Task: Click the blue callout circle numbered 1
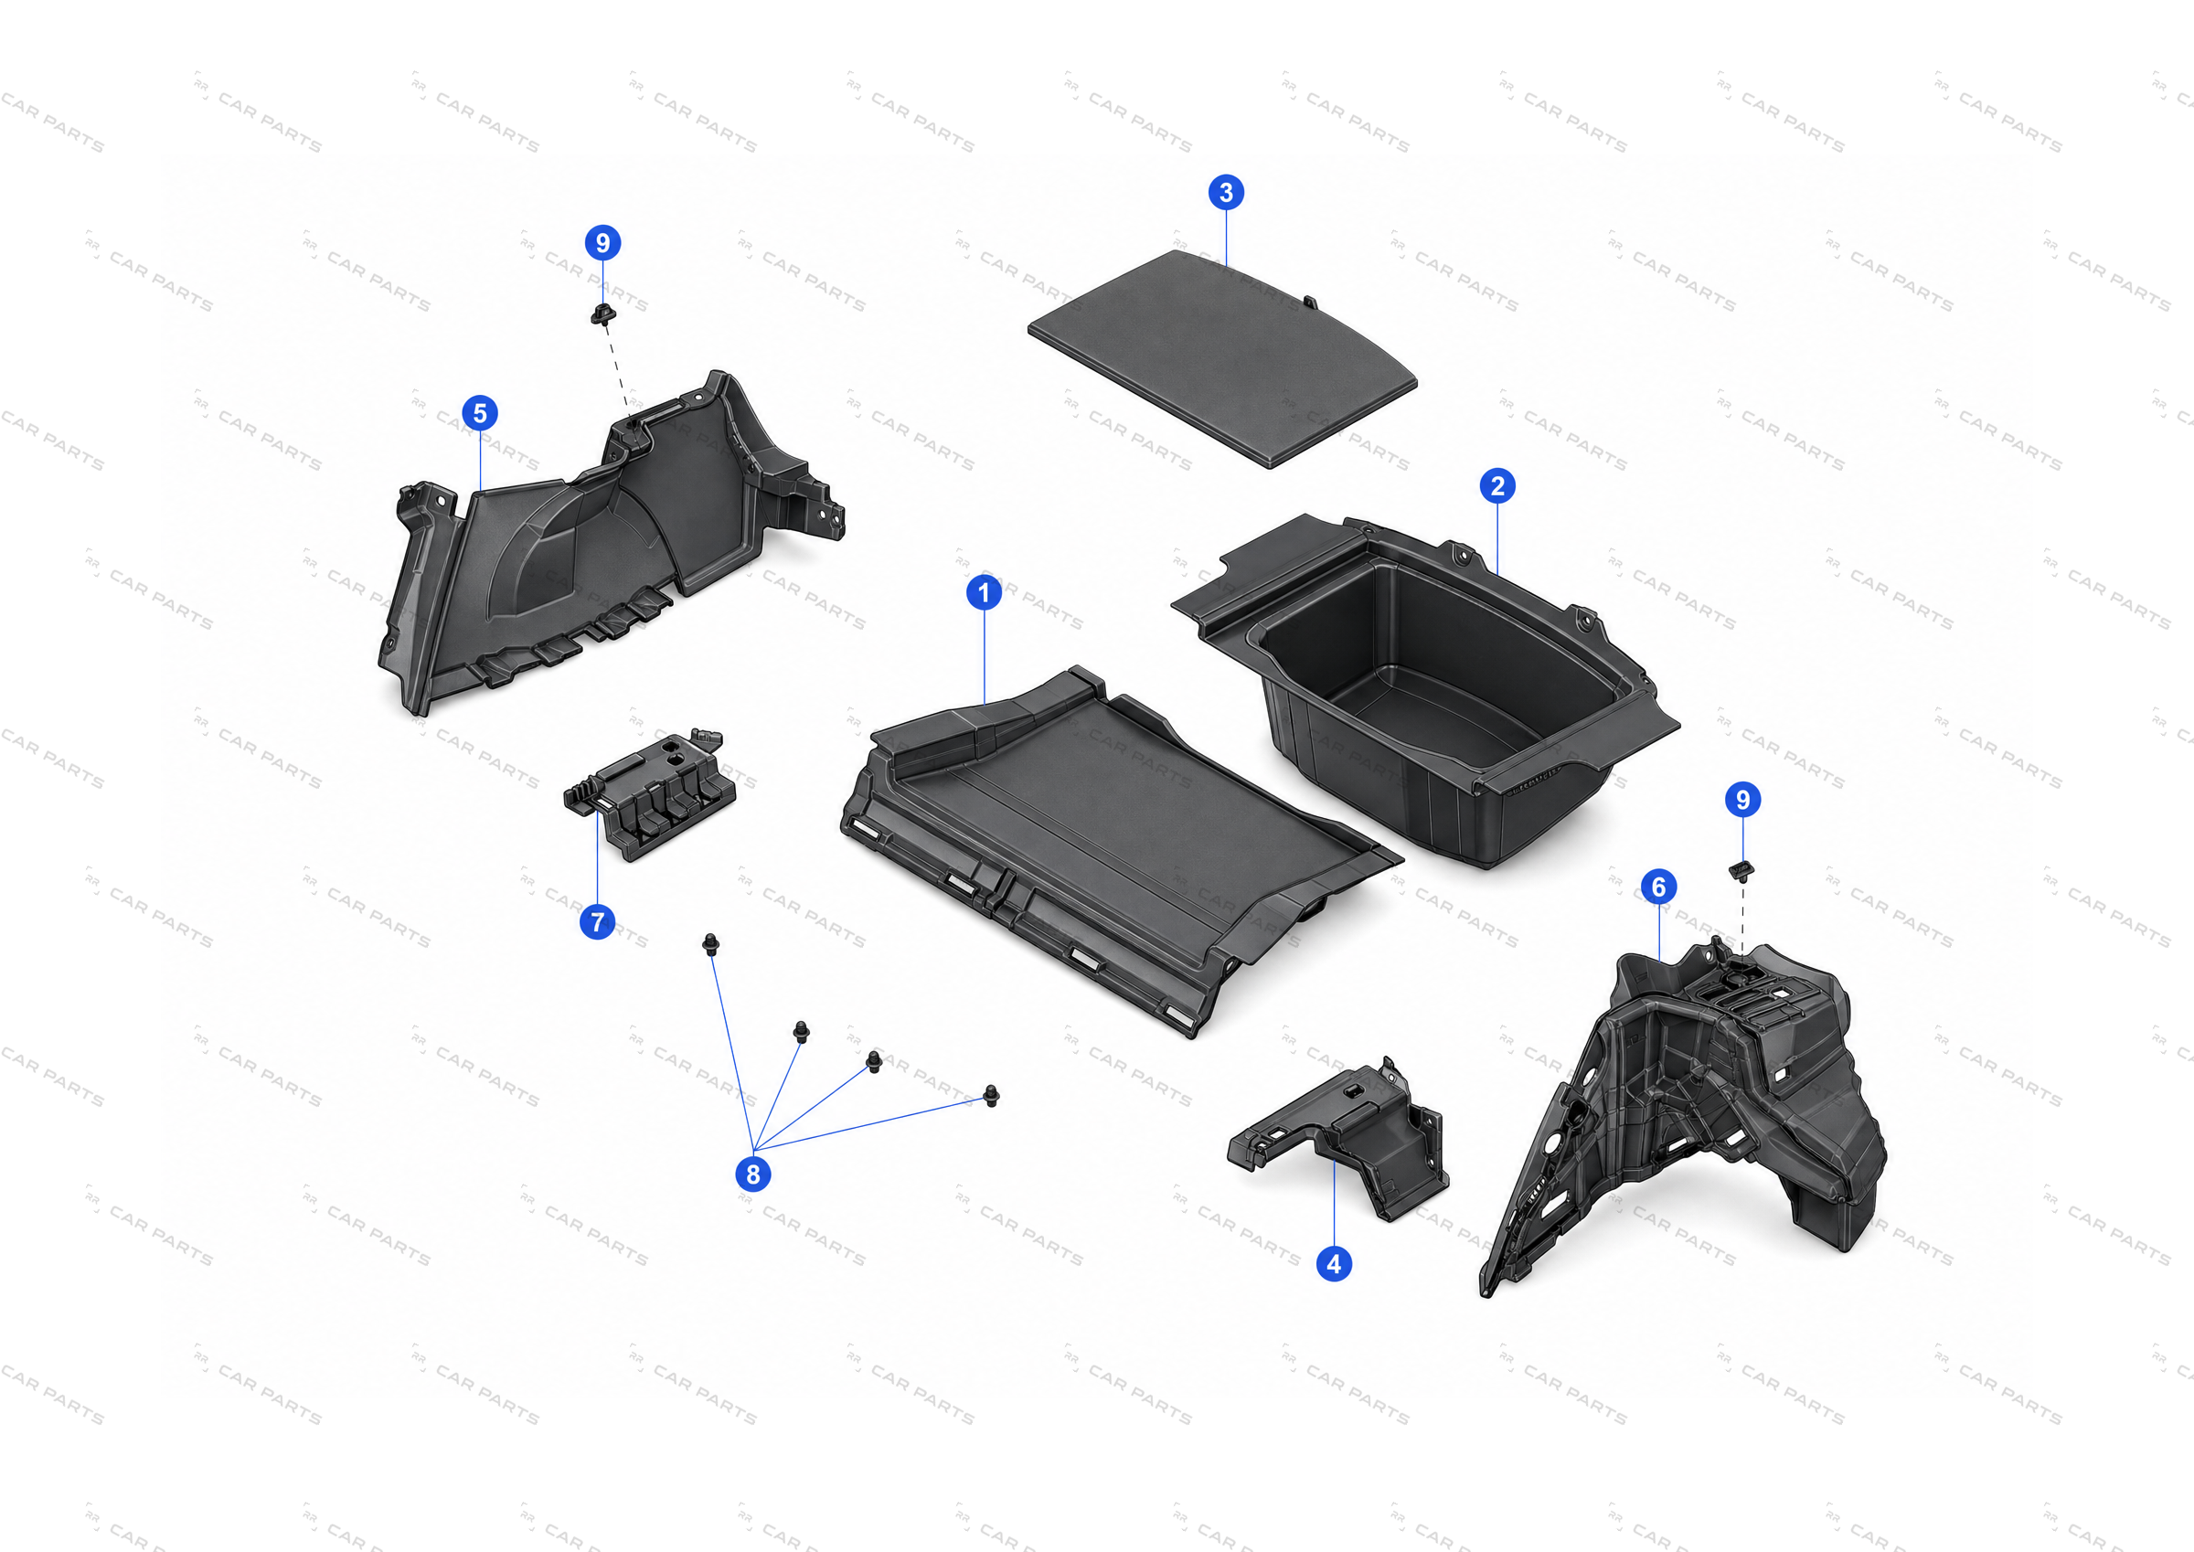(984, 592)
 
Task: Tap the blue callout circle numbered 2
(1497, 486)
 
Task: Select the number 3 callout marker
(1226, 192)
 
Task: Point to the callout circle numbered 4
(1334, 1263)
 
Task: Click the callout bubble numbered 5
(480, 413)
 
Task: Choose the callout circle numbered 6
(1659, 887)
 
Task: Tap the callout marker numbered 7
(597, 921)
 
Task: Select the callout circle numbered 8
(753, 1174)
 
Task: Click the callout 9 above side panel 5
(602, 243)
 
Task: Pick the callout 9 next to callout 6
(1742, 799)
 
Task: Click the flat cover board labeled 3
(1223, 358)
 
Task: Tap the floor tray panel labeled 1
(1118, 851)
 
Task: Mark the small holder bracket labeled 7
(650, 793)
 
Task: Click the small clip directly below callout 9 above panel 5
(603, 313)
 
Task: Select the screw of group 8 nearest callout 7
(710, 944)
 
